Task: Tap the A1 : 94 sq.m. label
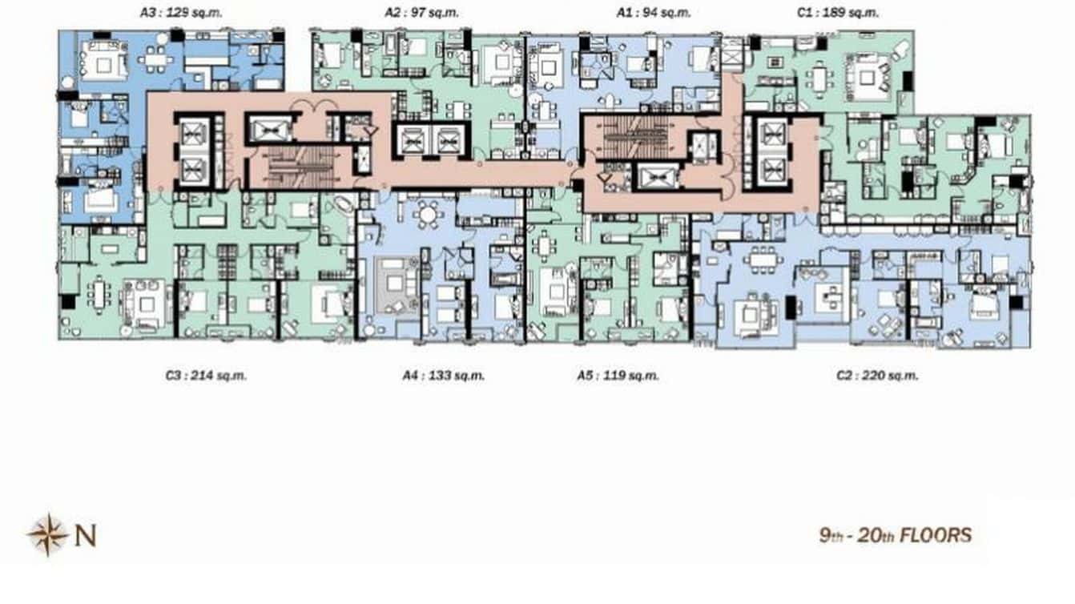pyautogui.click(x=654, y=13)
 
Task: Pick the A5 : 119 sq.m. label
pyautogui.click(x=618, y=375)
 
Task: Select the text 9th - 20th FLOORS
pyautogui.click(x=895, y=535)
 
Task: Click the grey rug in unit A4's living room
pyautogui.click(x=391, y=284)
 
